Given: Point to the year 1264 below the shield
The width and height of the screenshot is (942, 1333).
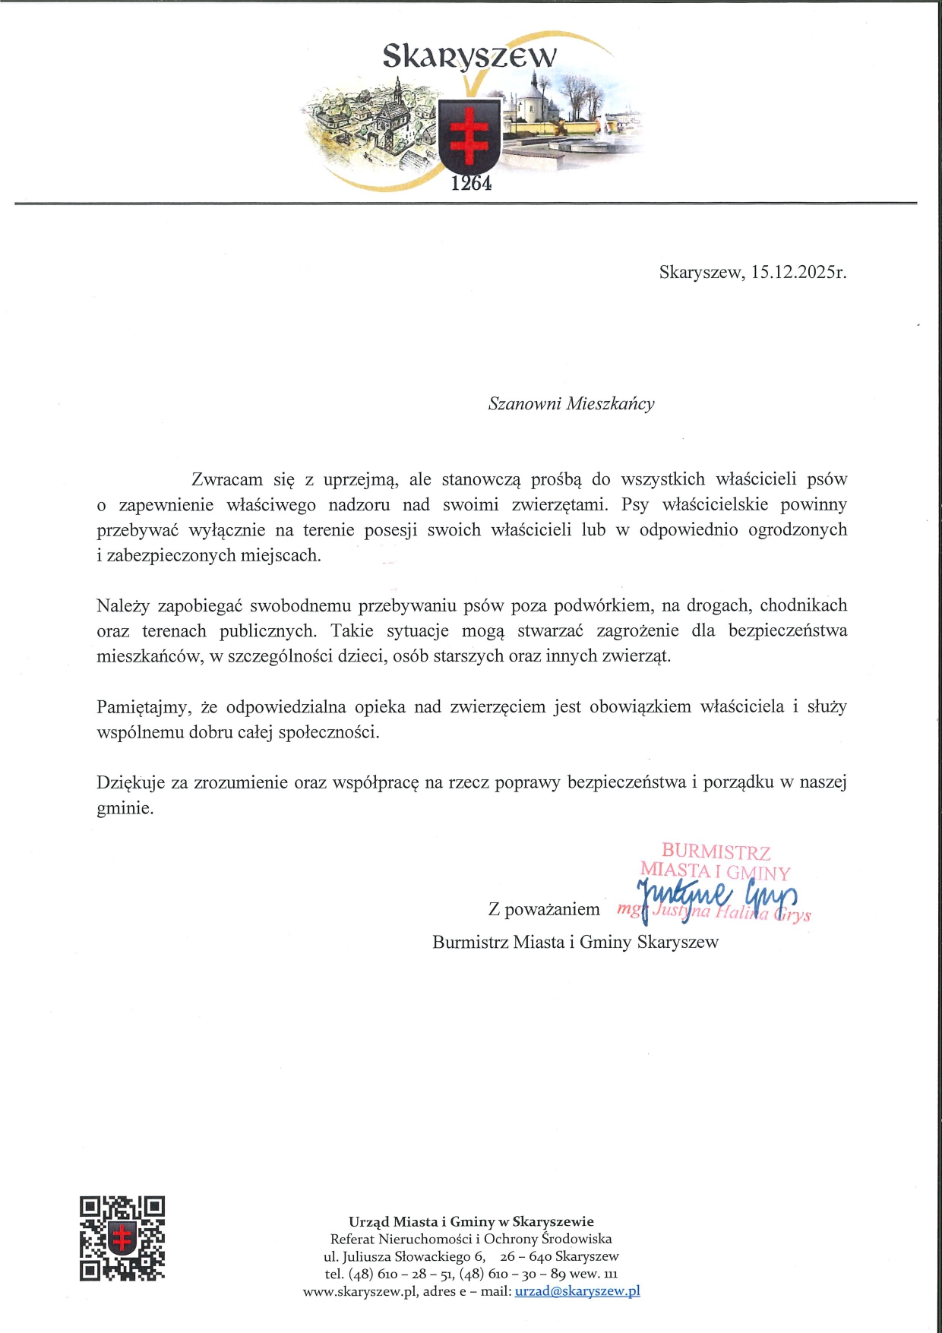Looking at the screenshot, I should click(471, 183).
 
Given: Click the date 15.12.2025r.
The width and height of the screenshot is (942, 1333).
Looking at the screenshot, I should click(798, 272).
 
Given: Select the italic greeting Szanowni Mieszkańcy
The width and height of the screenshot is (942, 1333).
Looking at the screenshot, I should click(571, 403).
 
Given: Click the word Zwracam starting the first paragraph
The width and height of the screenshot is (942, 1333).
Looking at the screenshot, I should click(227, 479).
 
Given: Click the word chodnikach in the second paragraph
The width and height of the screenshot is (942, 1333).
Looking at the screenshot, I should click(803, 605).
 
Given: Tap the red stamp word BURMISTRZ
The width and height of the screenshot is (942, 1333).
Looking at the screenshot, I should click(716, 851).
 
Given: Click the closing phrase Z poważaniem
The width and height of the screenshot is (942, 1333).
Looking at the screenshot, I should click(544, 909).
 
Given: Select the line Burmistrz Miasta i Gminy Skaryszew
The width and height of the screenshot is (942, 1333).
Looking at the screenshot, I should click(575, 943).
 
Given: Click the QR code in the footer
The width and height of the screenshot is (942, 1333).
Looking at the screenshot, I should click(122, 1238).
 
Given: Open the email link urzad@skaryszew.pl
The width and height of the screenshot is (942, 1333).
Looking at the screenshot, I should click(577, 1291).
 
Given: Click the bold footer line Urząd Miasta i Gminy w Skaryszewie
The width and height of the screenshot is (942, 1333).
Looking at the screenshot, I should click(471, 1221).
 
